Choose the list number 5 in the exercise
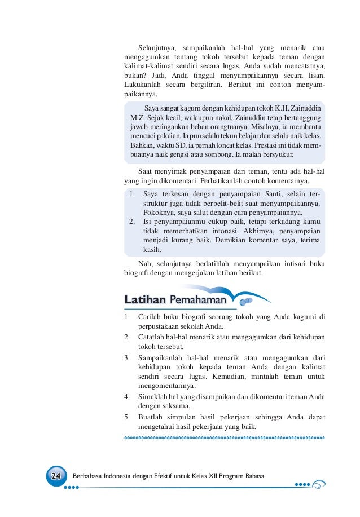[127, 418]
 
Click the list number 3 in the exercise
[127, 357]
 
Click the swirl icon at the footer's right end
[319, 484]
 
